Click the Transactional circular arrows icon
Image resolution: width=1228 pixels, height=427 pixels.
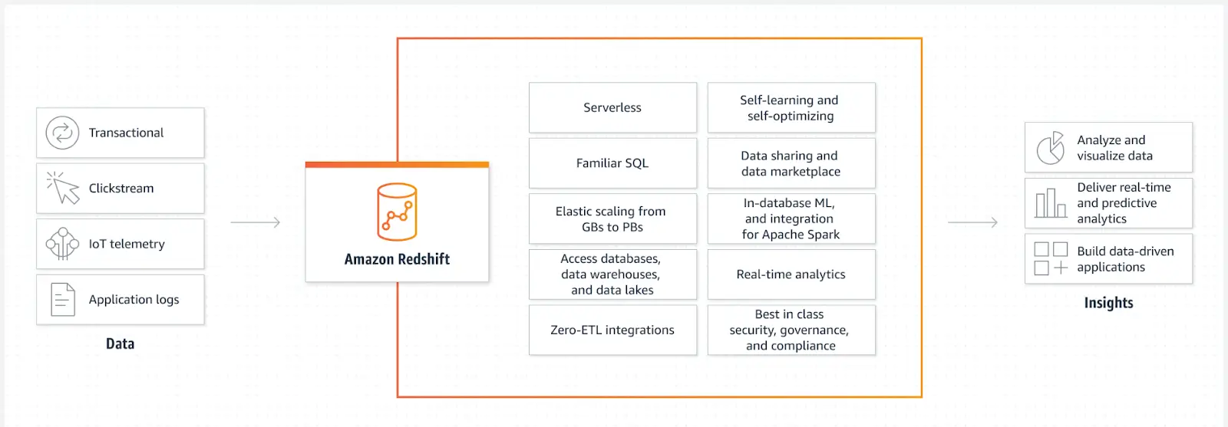coord(62,133)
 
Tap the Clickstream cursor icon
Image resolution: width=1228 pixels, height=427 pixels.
coord(64,188)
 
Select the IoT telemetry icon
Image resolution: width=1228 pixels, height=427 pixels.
coord(62,244)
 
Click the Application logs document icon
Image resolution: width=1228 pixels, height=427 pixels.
coord(63,300)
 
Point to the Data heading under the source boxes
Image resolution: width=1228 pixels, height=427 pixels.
coord(120,343)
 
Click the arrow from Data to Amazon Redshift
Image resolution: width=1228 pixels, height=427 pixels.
coord(256,222)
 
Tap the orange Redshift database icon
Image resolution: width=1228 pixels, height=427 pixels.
coord(397,212)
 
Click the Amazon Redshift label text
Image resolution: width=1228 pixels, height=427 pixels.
coord(397,259)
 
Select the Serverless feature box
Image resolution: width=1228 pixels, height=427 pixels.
coord(612,107)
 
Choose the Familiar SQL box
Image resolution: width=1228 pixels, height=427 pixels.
coord(612,163)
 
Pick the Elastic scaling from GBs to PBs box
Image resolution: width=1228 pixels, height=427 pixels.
coord(612,219)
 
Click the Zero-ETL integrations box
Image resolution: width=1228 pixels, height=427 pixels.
coord(612,330)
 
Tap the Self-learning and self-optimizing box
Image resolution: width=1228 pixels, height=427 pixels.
coord(791,107)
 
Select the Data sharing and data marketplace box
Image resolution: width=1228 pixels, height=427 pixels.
coord(791,163)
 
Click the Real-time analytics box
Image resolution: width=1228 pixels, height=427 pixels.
coord(791,274)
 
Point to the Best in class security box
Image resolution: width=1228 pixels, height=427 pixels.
coord(791,330)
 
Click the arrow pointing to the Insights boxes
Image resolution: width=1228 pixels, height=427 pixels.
coord(972,222)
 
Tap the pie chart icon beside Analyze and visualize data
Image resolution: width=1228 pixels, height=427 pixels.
coord(1051,148)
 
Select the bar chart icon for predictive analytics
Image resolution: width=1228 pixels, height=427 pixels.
coord(1051,203)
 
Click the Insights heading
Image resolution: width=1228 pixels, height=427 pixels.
coord(1108,303)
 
